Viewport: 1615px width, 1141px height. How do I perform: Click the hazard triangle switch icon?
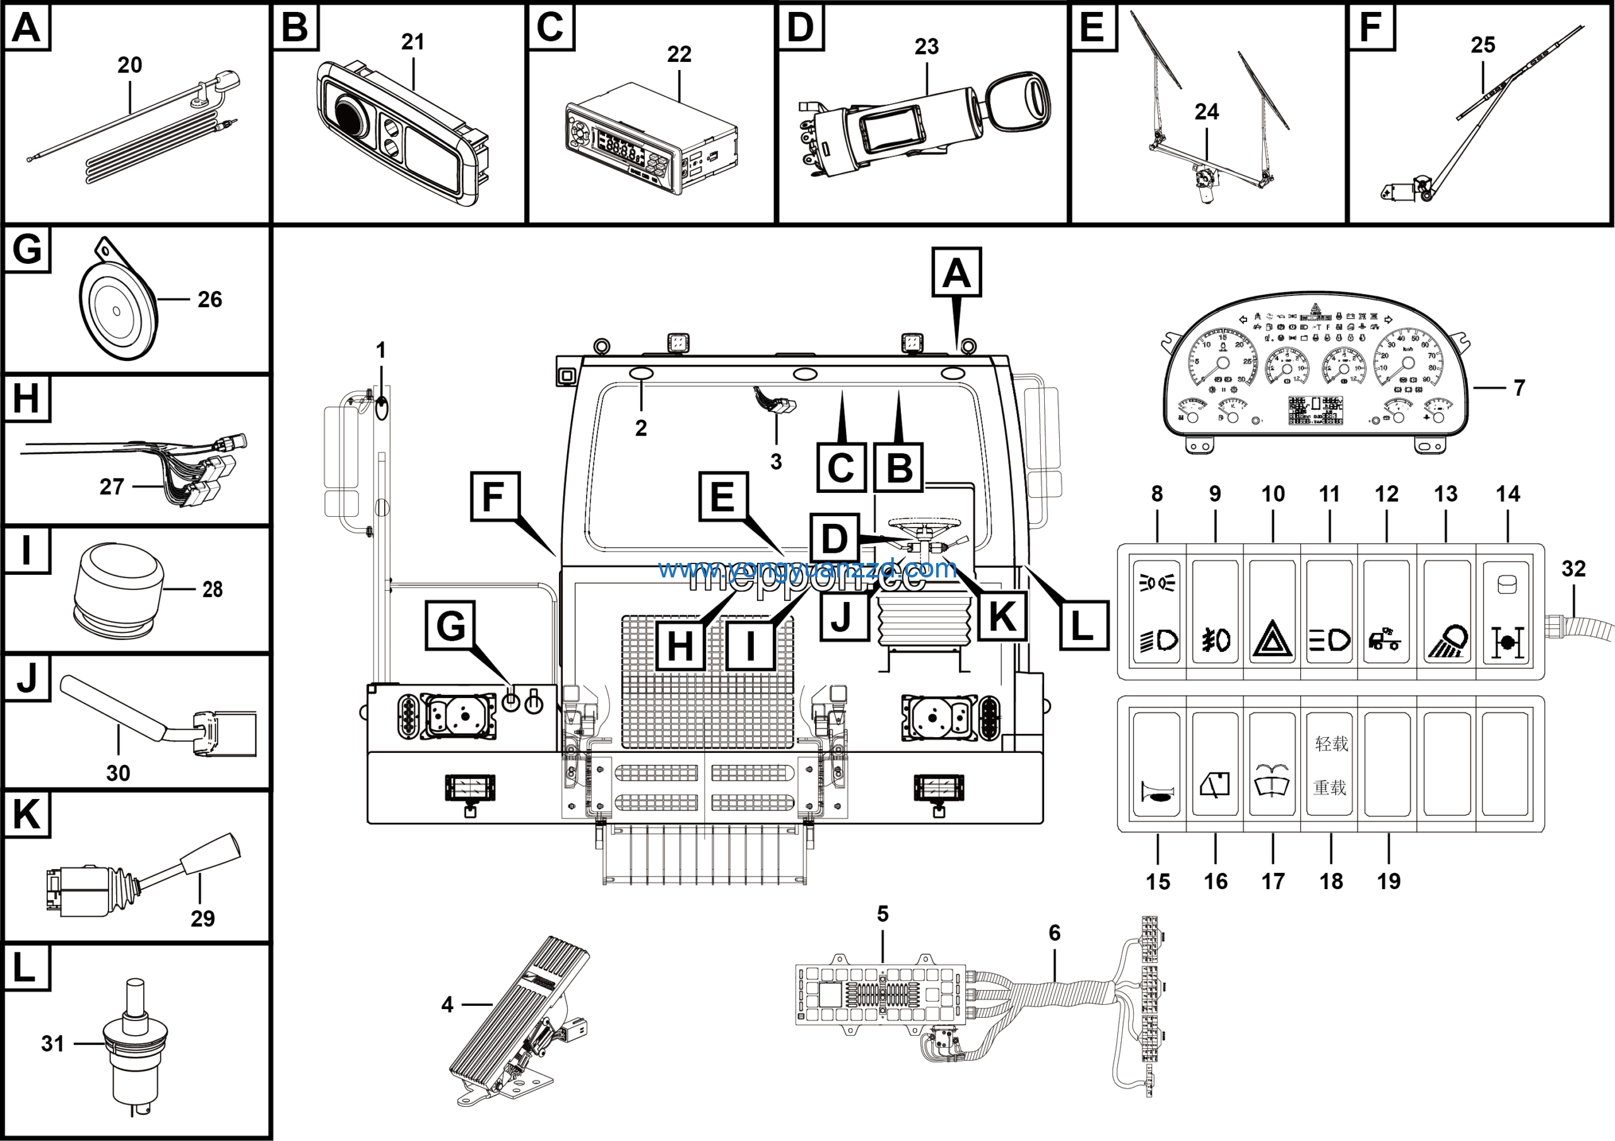tap(1272, 640)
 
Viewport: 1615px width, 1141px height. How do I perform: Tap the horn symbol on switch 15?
tap(1157, 793)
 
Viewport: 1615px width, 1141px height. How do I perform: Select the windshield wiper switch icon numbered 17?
tap(1272, 779)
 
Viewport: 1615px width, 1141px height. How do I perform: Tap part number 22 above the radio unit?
tap(679, 54)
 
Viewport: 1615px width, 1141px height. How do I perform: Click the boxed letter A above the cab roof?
tap(956, 272)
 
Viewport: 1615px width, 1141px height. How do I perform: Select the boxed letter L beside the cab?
tap(1083, 625)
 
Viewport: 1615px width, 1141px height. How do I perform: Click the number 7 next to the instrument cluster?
tap(1519, 387)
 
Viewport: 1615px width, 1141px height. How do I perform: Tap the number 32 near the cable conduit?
tap(1573, 569)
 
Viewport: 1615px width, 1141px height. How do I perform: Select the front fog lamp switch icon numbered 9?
tap(1216, 640)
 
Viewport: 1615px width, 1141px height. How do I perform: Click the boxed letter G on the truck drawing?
tap(450, 625)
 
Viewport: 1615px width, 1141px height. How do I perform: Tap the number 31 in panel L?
tap(53, 1043)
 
